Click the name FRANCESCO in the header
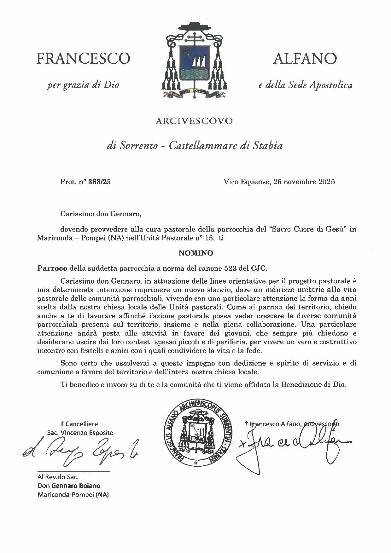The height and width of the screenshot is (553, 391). [x=83, y=59]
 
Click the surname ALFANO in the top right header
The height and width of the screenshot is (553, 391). [x=305, y=59]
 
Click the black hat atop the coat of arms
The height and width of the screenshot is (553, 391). [x=194, y=27]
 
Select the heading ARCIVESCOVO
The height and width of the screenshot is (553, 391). [x=194, y=121]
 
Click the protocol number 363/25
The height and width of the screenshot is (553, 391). [x=100, y=182]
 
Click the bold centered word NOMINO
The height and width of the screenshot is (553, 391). [x=195, y=253]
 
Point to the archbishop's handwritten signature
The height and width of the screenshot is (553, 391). [x=293, y=444]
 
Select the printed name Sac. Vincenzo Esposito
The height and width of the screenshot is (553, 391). [x=80, y=433]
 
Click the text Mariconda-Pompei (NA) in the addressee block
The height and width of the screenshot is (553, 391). [x=73, y=494]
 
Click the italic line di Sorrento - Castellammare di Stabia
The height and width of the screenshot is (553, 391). [x=194, y=146]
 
